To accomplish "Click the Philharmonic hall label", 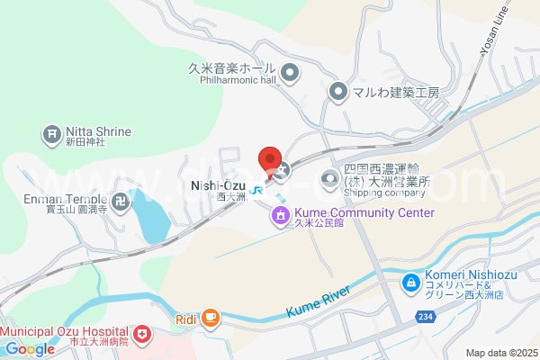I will tap(232, 79).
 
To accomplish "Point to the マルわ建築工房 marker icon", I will tap(337, 91).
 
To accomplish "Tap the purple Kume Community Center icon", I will tap(281, 214).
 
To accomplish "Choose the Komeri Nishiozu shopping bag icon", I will tap(410, 283).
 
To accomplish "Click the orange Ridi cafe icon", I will tap(210, 317).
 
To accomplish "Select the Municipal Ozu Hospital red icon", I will tap(143, 335).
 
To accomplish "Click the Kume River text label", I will tap(317, 301).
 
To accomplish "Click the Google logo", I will tap(30, 349).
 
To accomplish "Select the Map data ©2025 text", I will tap(499, 352).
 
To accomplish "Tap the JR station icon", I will tap(257, 190).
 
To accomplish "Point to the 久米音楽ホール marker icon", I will tap(290, 72).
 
